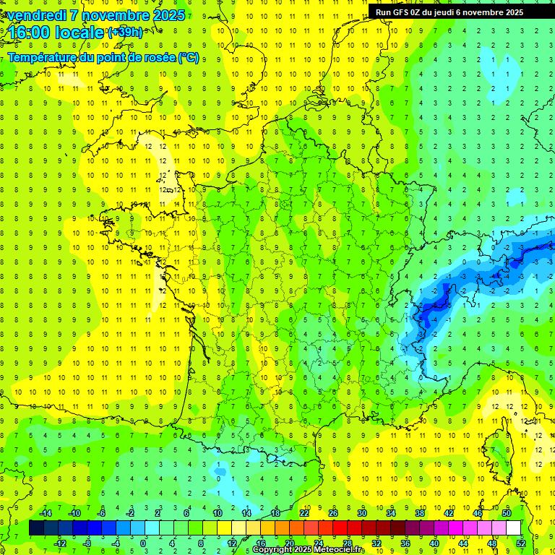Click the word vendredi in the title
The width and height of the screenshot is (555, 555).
tap(37, 15)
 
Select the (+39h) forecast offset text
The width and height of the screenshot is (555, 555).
tap(125, 33)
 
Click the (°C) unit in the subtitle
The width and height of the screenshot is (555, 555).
tap(189, 58)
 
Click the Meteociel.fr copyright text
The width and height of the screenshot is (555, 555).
tap(309, 550)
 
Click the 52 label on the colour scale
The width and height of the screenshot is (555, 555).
tap(520, 543)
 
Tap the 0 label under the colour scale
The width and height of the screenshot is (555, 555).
tap(143, 543)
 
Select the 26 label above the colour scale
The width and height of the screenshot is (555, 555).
tap(333, 513)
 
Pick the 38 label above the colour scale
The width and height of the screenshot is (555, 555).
tap(420, 513)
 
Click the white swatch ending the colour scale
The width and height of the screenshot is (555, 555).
tap(513, 528)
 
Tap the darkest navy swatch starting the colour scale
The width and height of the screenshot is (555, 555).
tap(36, 528)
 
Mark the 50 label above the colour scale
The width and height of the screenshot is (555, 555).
tap(507, 513)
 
